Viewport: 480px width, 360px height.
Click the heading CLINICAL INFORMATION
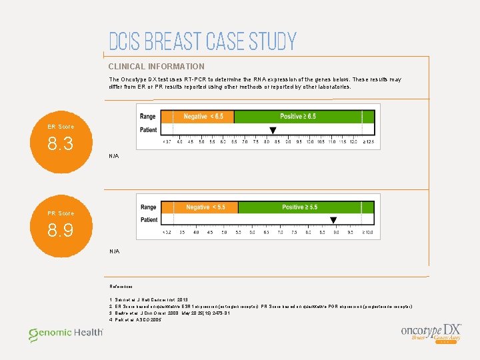click(157, 67)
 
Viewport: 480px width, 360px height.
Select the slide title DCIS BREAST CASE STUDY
click(202, 42)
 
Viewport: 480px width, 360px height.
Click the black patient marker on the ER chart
click(272, 130)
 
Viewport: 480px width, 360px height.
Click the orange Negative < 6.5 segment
click(198, 117)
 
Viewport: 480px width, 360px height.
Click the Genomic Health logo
click(65, 333)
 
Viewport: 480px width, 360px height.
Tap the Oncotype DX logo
click(431, 332)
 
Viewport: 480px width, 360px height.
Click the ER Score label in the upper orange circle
click(61, 127)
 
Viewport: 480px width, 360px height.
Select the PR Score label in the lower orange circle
click(61, 213)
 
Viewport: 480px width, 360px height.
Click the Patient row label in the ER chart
click(149, 129)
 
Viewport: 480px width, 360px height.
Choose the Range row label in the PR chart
click(149, 207)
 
